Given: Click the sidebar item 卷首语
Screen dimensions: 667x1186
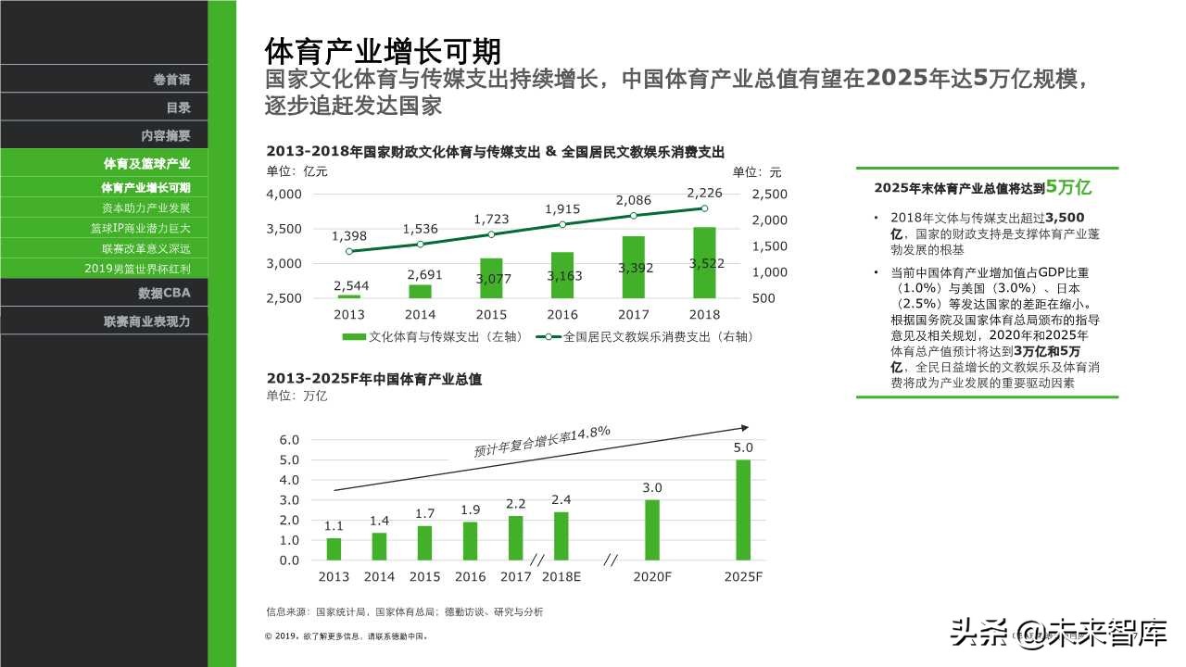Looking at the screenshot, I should [171, 80].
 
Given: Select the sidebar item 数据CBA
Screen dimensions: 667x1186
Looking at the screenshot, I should [164, 294].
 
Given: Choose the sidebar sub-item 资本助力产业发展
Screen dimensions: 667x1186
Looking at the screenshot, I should [145, 208].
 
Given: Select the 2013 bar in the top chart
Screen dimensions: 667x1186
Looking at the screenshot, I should [349, 296].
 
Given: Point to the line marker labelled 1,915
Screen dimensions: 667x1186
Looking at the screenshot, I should [562, 224].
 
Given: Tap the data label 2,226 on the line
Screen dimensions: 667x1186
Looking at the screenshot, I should [703, 193].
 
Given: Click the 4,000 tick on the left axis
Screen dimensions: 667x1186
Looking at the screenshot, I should [284, 194].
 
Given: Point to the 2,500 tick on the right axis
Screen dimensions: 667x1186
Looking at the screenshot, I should [769, 194].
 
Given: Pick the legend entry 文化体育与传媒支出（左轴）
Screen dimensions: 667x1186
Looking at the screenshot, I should [435, 337].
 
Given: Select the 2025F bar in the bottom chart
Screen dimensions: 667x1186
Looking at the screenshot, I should [743, 510].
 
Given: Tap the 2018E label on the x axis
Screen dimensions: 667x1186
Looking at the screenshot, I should [561, 576].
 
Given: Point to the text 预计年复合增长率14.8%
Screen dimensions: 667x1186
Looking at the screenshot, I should [541, 442].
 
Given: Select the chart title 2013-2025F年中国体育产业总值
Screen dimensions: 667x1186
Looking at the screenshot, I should [373, 379].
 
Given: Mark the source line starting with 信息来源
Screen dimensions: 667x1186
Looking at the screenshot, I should [404, 611].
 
